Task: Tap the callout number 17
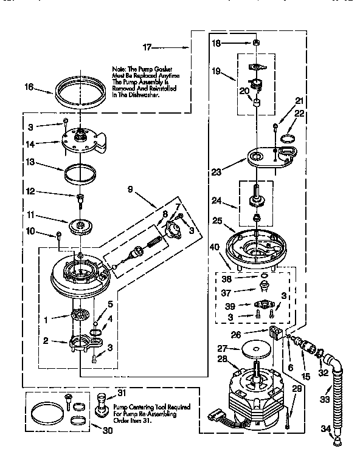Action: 148,46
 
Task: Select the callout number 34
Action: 326,429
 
